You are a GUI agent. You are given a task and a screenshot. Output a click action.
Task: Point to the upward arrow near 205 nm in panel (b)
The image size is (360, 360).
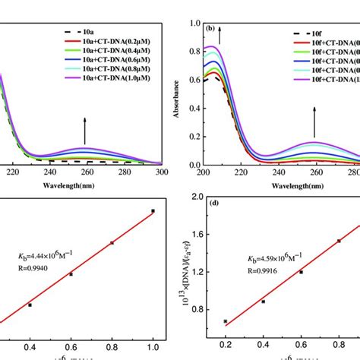221,34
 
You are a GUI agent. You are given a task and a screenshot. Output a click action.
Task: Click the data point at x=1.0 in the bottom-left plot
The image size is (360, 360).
153,211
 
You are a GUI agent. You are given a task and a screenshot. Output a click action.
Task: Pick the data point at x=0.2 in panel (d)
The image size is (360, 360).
225,321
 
